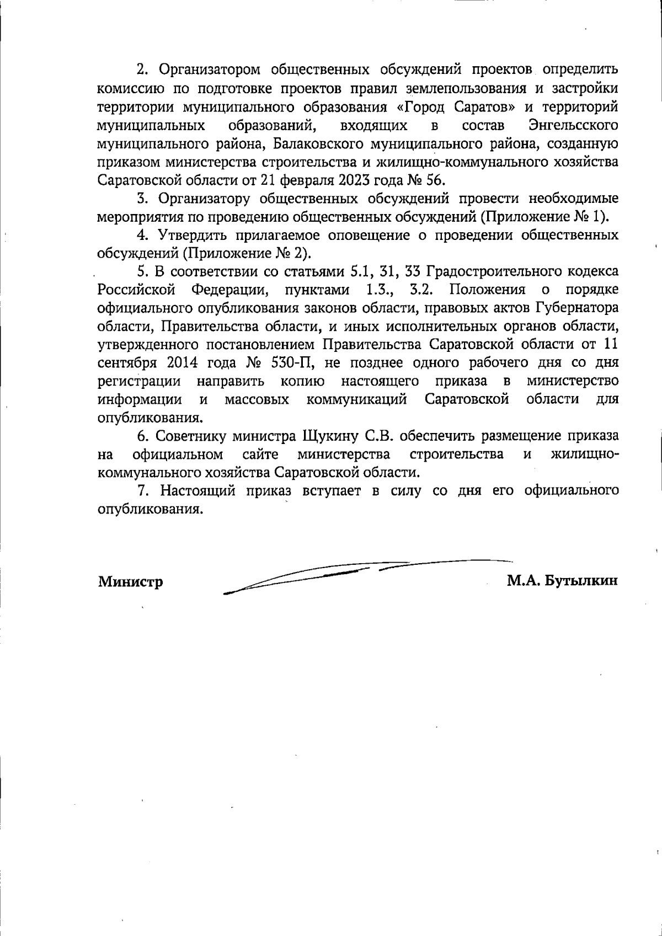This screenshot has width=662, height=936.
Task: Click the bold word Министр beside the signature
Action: [x=131, y=582]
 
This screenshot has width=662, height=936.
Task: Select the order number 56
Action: [x=434, y=180]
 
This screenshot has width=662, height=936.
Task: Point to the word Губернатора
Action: [x=576, y=308]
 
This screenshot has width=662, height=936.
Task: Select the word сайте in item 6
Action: [x=260, y=454]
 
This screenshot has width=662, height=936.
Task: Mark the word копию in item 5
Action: [x=302, y=381]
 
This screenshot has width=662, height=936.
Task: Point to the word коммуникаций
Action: [x=357, y=399]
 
